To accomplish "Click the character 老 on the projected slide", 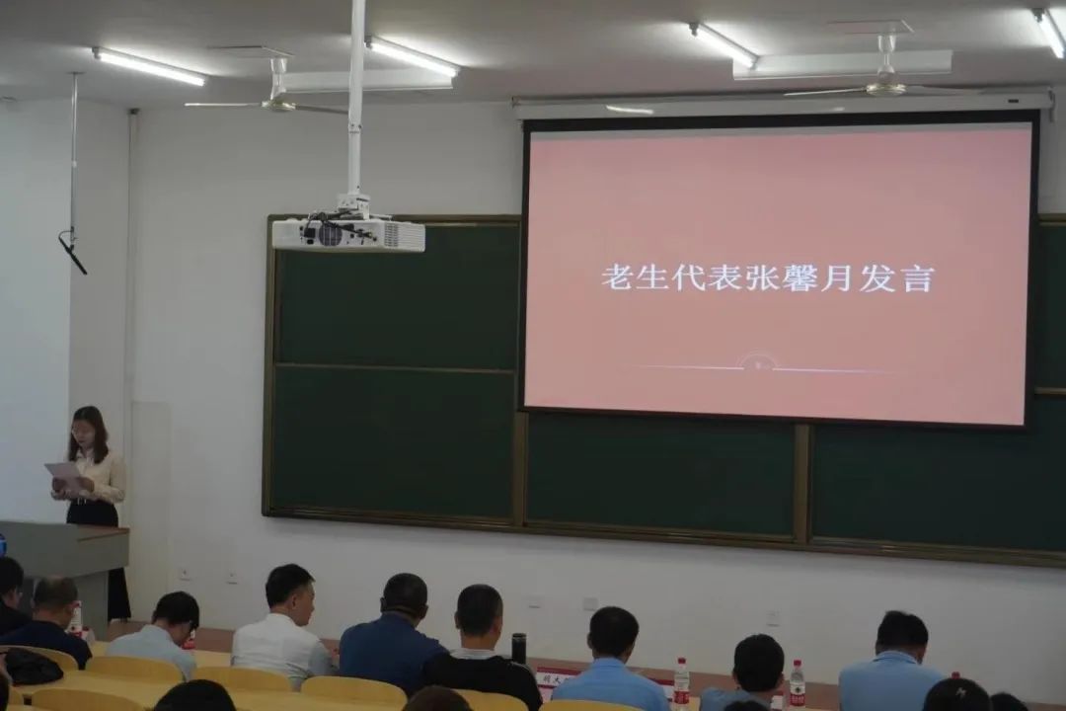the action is point(617,276).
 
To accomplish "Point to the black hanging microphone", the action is point(73,253).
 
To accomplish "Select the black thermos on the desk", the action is point(519,648).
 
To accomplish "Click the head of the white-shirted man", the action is point(289,588).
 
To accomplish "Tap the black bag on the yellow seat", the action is point(31,667).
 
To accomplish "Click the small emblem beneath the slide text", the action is point(758,363).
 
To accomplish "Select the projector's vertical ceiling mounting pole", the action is point(356,99).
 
